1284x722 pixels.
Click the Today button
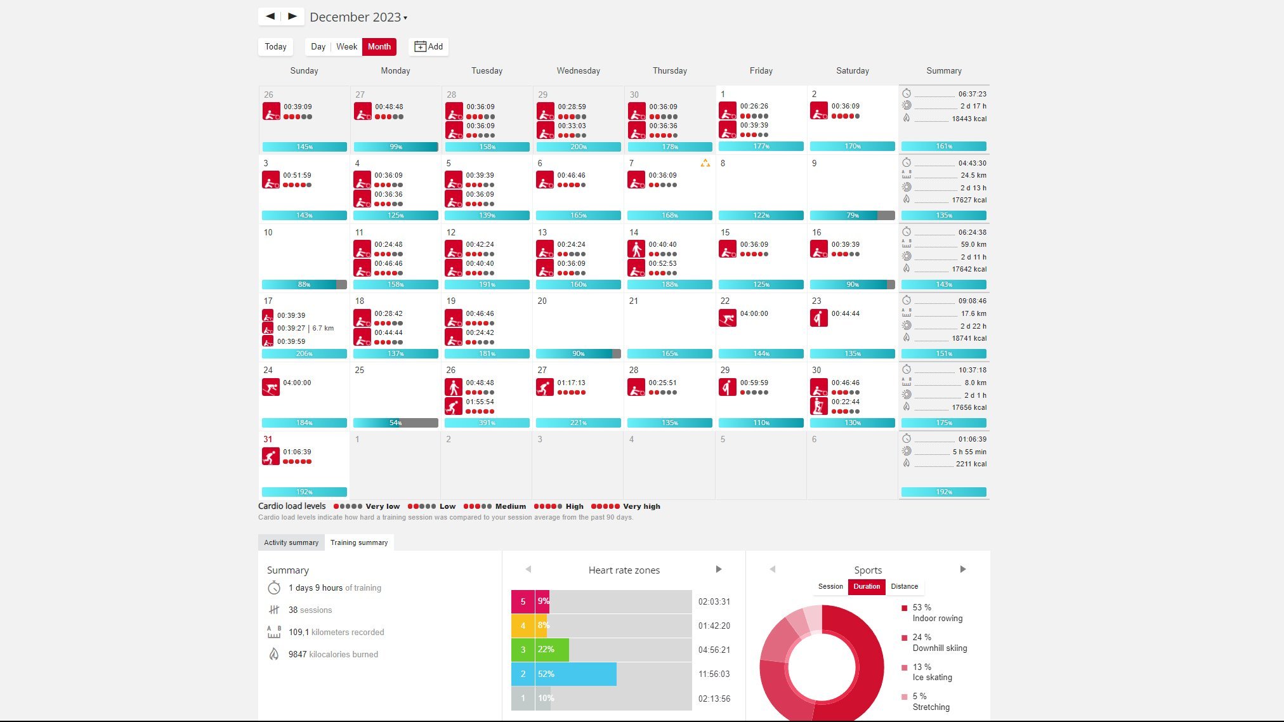[275, 46]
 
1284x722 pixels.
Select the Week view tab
[346, 46]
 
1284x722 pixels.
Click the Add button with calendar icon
[429, 46]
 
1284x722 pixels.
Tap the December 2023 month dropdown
[358, 17]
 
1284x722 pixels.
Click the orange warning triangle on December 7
[705, 163]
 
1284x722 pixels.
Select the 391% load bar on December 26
[487, 423]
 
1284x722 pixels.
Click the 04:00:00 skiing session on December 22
[754, 313]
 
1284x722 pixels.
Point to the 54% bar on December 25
[395, 423]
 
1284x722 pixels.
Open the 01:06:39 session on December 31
[297, 452]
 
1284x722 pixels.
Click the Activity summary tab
[291, 542]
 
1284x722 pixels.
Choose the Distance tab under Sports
[904, 586]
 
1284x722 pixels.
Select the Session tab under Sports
[830, 586]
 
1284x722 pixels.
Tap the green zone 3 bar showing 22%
[552, 650]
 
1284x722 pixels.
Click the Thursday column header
[669, 70]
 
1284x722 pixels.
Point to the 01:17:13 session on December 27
[571, 383]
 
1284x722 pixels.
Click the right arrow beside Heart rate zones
[719, 569]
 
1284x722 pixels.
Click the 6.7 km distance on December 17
[323, 328]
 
